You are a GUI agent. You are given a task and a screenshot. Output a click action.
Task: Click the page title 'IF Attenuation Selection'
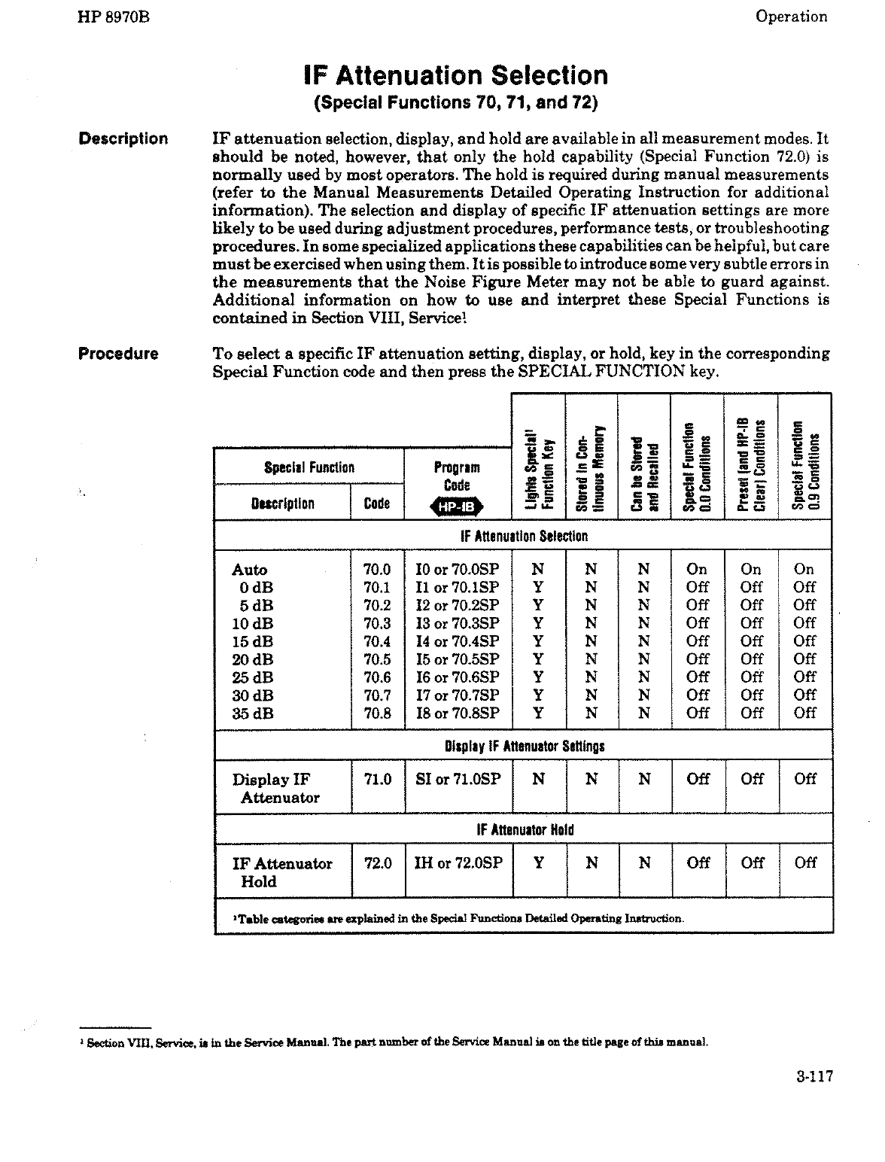click(x=455, y=75)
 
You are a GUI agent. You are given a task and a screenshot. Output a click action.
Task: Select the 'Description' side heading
click(x=123, y=138)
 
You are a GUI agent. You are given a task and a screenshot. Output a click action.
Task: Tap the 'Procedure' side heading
click(x=118, y=354)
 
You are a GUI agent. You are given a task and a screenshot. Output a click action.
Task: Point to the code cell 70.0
click(x=377, y=570)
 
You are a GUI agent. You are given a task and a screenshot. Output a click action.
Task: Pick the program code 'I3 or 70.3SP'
click(x=457, y=623)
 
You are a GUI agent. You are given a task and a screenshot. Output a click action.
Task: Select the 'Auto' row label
click(x=250, y=570)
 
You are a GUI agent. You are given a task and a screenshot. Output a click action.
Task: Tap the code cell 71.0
click(x=377, y=780)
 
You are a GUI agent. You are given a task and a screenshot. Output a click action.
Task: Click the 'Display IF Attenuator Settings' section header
click(x=524, y=747)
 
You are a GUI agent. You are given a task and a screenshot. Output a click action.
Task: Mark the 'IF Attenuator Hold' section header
click(x=524, y=830)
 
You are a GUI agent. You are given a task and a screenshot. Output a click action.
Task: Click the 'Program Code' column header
click(x=458, y=476)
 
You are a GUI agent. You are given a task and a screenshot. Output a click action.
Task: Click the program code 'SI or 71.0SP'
click(x=458, y=780)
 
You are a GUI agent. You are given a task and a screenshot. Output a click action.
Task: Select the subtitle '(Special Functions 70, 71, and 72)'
click(x=455, y=103)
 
